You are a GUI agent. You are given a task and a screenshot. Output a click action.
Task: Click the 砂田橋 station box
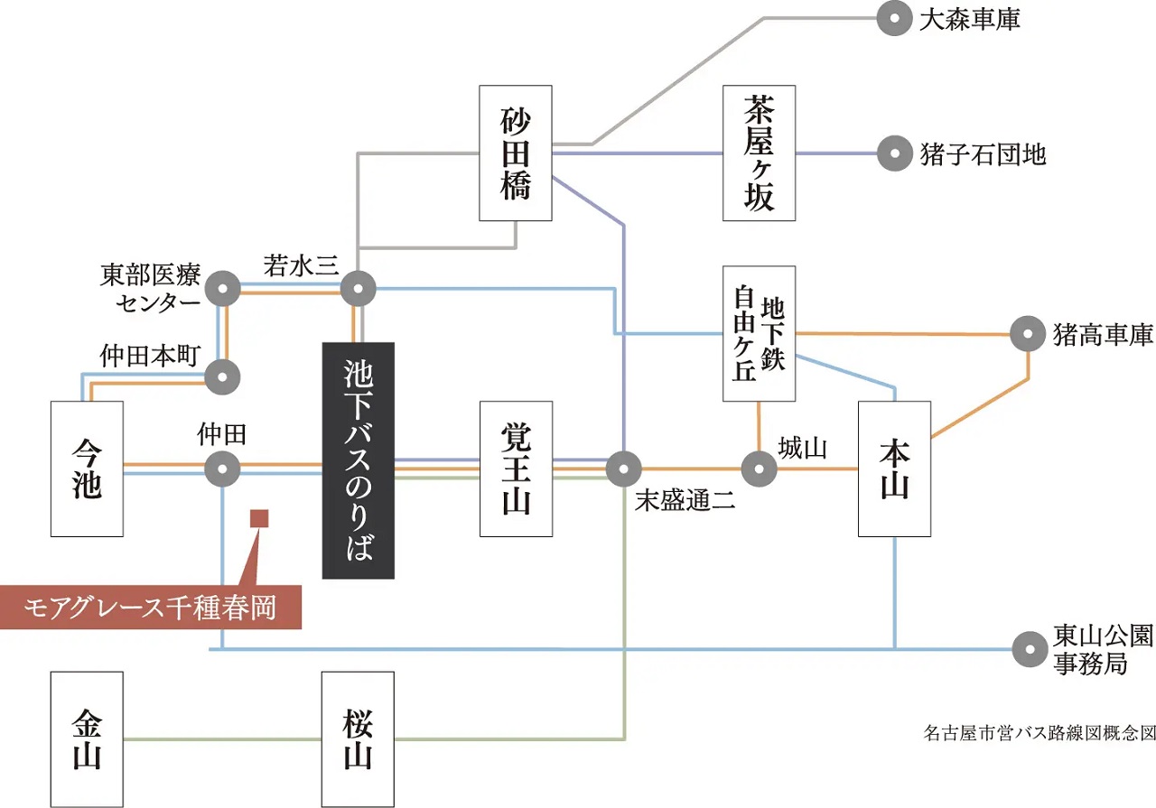(515, 153)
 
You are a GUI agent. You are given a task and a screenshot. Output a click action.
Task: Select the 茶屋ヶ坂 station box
(760, 153)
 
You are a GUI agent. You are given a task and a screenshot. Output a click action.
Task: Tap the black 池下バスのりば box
(359, 460)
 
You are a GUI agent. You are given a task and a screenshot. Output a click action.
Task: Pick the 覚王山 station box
(515, 469)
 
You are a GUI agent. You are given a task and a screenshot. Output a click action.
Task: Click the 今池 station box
(87, 469)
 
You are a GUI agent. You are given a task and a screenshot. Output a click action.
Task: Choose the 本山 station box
(894, 469)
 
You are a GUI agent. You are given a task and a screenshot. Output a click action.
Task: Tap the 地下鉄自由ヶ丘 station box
(760, 333)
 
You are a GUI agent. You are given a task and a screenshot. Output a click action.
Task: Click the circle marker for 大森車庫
(895, 19)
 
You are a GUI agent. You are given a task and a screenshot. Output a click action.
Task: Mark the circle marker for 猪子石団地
(895, 153)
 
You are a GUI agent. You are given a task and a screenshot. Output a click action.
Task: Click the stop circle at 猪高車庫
(1028, 334)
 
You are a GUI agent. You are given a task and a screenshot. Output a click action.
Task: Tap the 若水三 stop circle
(359, 290)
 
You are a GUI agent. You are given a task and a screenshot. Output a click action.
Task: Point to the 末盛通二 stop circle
(623, 469)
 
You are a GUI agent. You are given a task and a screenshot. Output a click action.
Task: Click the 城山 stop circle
(759, 469)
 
